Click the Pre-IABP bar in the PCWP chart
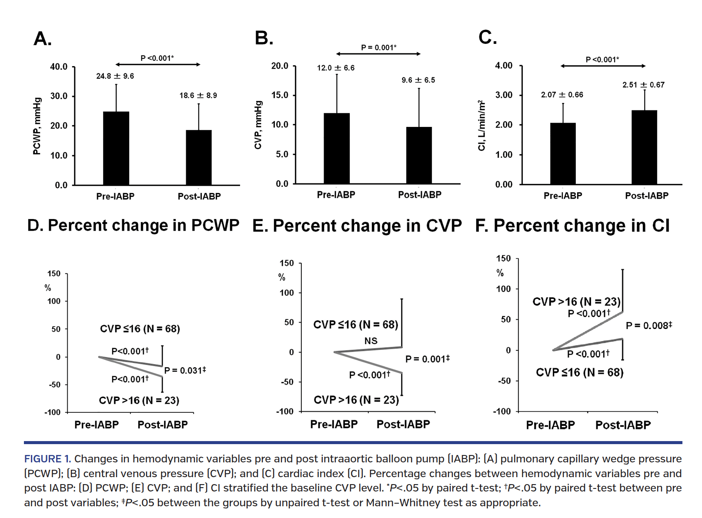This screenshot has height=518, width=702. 116,148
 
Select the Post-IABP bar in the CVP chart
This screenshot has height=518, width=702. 419,155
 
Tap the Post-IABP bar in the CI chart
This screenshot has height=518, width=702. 644,147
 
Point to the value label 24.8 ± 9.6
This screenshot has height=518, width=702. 115,76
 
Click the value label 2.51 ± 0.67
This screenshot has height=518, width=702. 643,85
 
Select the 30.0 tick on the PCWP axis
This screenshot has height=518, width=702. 59,96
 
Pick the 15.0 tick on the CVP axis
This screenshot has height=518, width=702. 280,95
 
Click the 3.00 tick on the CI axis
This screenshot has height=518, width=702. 504,95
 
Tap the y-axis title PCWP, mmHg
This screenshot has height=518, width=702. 37,126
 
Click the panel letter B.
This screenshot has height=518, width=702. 264,38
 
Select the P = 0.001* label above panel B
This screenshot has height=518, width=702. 378,47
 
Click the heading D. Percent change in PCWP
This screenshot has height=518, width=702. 133,225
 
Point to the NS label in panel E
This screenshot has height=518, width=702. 371,341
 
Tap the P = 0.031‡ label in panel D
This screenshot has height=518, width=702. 185,370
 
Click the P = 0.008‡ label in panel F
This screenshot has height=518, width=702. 649,325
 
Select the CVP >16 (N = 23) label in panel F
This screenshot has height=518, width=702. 576,302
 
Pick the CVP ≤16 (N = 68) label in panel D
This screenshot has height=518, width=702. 140,329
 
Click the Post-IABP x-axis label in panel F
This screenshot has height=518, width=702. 623,425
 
